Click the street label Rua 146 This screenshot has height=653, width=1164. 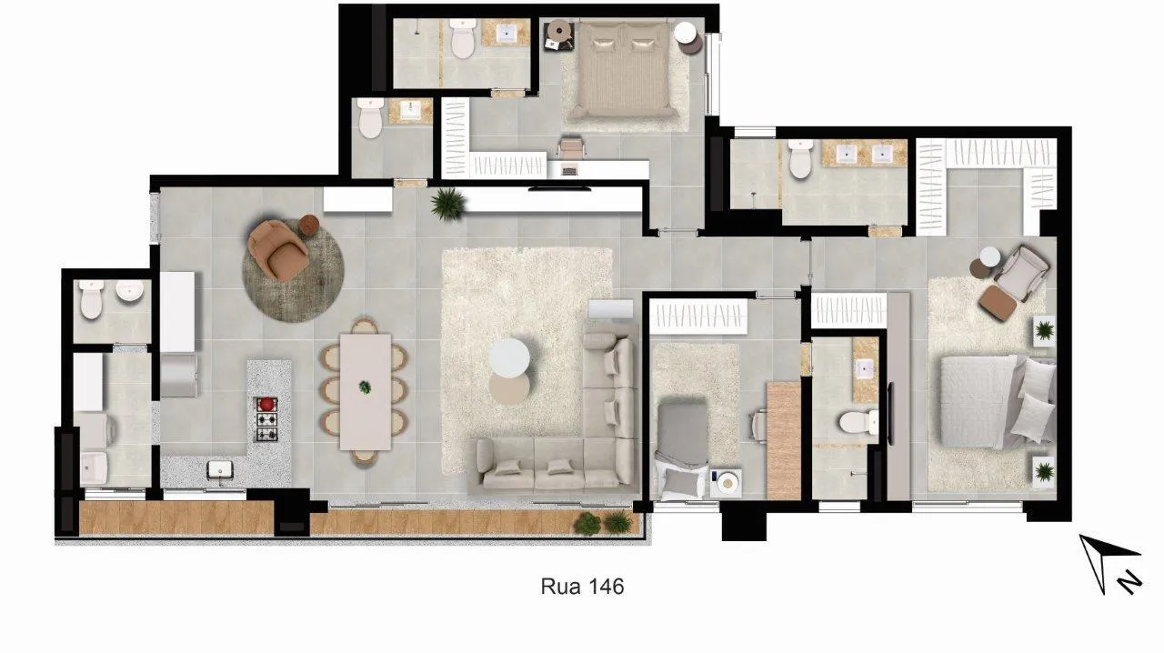point(582,587)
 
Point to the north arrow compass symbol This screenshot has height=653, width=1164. point(1109,565)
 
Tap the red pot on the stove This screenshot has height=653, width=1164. point(266,404)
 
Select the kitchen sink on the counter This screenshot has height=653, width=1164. point(220,470)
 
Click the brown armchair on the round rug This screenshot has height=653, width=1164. point(277,250)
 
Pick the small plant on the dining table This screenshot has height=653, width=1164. point(366,387)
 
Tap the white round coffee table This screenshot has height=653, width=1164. point(509,357)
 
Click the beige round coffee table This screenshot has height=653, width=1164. point(509,389)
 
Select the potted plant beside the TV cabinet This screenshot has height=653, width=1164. point(447,204)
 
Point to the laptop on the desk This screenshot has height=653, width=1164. point(569,169)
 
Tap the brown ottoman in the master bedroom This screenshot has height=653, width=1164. point(998,303)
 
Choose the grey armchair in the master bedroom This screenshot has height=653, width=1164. point(1021,273)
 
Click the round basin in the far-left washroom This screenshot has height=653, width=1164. point(130,291)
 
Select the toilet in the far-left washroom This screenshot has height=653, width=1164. point(92,299)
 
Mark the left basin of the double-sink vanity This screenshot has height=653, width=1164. point(847,154)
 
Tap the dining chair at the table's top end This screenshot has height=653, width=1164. point(365,326)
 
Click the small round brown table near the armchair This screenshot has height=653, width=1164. point(308,225)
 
